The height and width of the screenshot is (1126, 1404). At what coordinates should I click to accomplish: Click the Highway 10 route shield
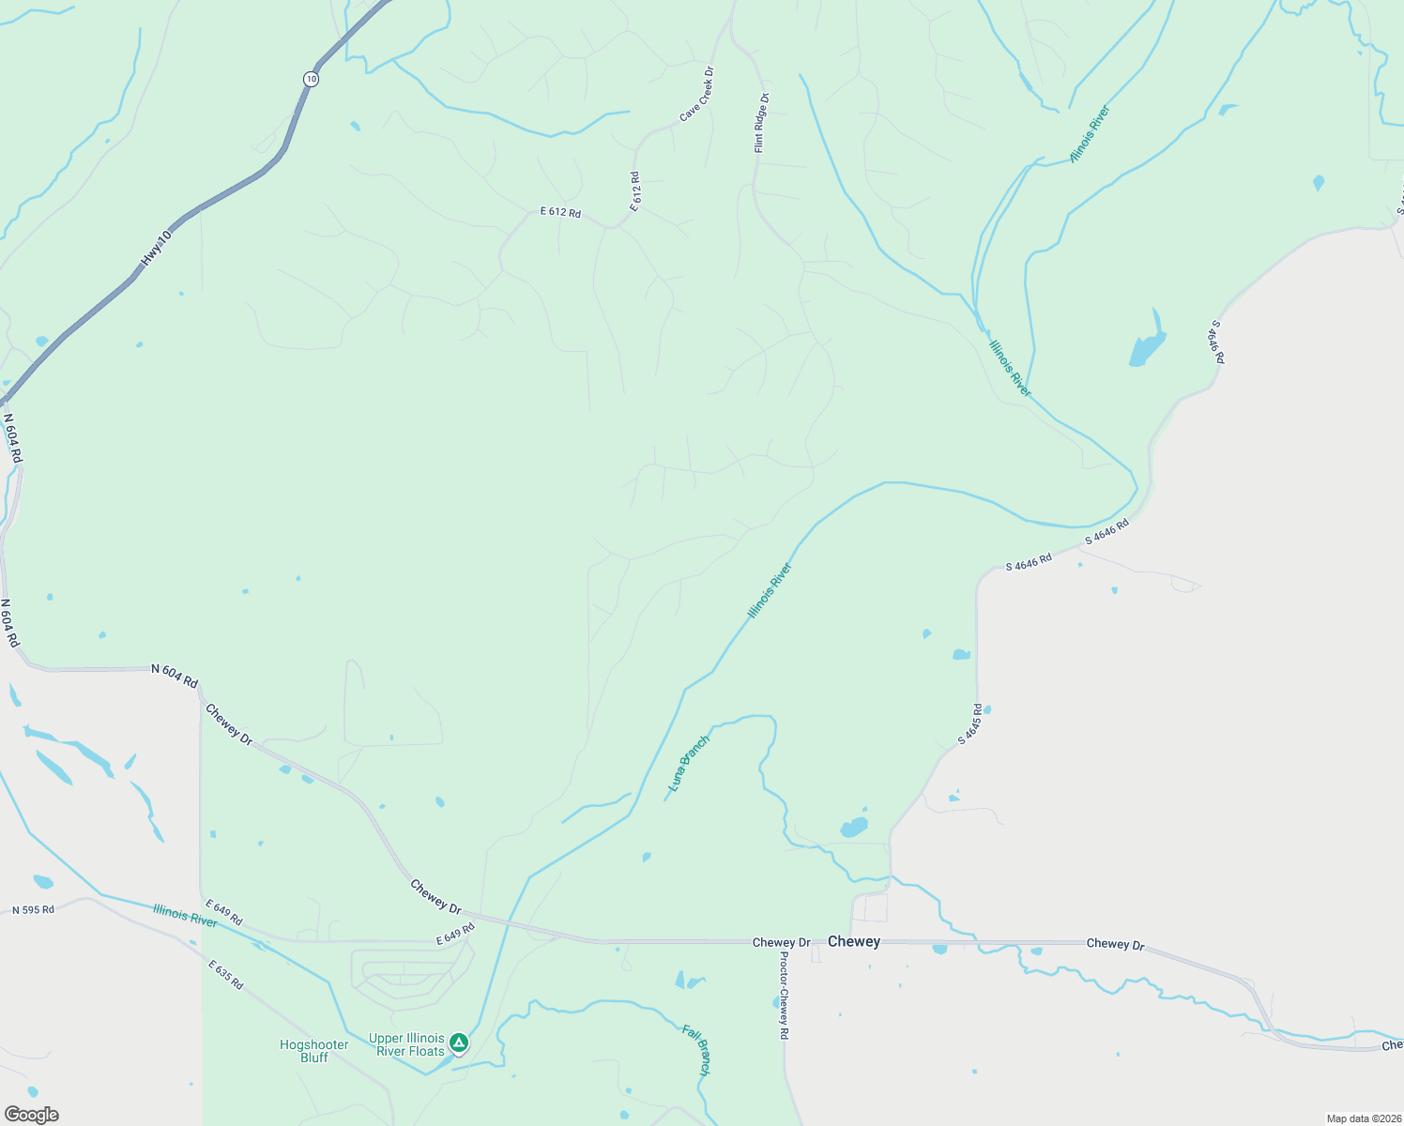pos(311,79)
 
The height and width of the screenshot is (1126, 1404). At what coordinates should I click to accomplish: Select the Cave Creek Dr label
pos(697,94)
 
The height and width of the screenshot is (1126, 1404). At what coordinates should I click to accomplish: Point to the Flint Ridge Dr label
pos(761,123)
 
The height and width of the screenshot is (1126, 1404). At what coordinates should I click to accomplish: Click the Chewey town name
pos(854,941)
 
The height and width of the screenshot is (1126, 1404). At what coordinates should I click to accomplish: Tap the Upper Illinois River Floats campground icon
pos(458,1042)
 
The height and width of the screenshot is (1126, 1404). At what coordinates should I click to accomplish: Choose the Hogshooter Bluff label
pos(314,1051)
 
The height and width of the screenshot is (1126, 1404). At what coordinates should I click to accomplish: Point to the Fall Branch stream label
pos(697,1050)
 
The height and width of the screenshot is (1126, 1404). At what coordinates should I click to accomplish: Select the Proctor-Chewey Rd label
pos(784,996)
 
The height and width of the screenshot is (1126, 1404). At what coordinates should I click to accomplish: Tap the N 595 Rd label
pos(33,909)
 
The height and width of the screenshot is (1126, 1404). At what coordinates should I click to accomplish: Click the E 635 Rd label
pos(226,975)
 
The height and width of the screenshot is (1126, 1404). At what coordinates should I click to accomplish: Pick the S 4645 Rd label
pos(969,724)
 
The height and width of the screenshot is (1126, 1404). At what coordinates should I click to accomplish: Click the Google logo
pos(31,1115)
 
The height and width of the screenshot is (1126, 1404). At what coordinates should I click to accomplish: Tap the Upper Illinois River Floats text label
pos(406,1044)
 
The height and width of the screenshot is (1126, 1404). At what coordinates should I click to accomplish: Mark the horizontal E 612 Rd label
pos(560,213)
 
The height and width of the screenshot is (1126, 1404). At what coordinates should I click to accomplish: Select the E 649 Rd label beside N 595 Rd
pos(223,913)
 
